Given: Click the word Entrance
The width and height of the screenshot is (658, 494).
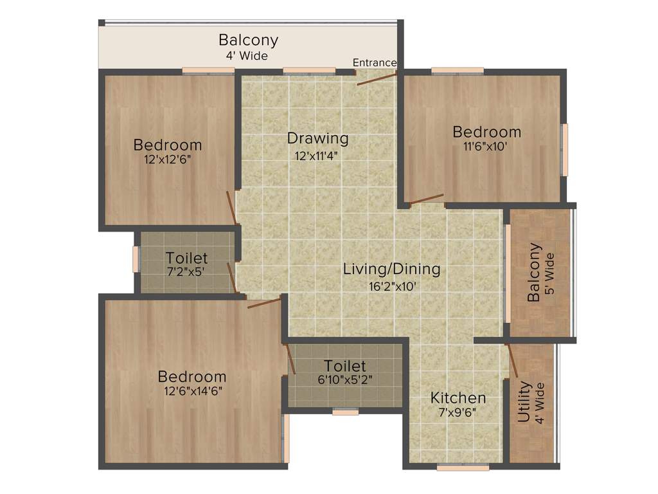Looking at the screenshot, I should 375,62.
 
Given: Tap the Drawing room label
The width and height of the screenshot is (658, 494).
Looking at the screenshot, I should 317,138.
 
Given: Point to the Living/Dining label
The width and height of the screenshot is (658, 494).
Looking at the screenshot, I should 391,269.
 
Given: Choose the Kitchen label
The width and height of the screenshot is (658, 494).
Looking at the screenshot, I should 458,398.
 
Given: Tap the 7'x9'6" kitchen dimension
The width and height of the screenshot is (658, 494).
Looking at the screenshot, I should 458,413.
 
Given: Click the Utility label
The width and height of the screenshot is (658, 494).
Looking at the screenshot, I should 524,402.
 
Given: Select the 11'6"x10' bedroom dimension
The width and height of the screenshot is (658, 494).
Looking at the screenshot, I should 486,146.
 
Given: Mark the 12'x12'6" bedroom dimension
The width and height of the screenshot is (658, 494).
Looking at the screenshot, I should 168,159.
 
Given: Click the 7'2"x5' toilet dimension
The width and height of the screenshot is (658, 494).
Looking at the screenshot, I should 186,272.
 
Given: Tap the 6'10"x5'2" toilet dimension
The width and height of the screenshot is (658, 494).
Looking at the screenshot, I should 345,380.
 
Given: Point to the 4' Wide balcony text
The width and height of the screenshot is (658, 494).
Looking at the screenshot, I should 247,56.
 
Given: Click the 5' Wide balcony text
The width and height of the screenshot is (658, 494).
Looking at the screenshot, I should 549,273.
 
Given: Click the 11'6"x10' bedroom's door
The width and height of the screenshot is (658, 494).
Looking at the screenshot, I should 427,199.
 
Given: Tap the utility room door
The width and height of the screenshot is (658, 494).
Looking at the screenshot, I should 513,360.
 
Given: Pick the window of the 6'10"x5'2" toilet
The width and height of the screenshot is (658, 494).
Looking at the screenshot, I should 345,412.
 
